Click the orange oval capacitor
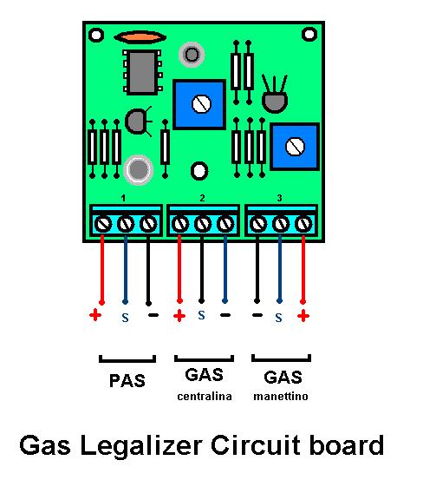(x=140, y=37)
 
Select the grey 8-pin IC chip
(x=142, y=72)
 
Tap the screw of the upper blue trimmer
(x=201, y=104)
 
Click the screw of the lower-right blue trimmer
(x=295, y=147)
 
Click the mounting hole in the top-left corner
(x=96, y=35)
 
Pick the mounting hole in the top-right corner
(x=309, y=34)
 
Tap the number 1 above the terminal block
(x=123, y=198)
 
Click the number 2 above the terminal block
(x=202, y=198)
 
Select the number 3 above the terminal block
(x=279, y=198)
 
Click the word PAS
(x=127, y=381)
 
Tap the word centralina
(x=205, y=397)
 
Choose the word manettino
(x=281, y=397)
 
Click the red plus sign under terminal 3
(x=303, y=316)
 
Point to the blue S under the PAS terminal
(x=125, y=318)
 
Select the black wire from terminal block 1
(x=148, y=269)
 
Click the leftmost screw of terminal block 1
(x=103, y=224)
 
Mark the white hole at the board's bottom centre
(x=199, y=171)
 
